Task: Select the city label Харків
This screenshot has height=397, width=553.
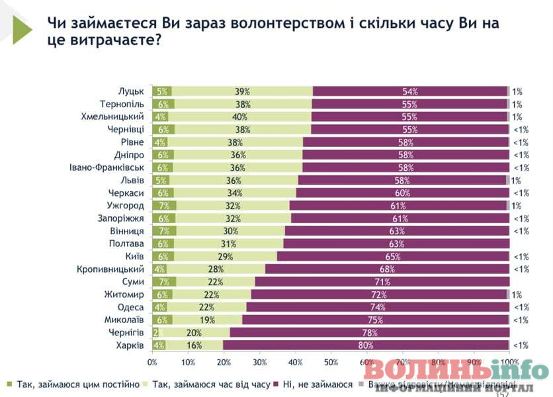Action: pyautogui.click(x=130, y=345)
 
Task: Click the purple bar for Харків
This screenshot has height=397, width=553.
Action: pyautogui.click(x=366, y=345)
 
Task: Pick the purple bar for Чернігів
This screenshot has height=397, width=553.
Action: pyautogui.click(x=369, y=332)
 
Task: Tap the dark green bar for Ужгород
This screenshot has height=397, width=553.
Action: pyautogui.click(x=164, y=206)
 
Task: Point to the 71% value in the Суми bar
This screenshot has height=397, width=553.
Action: pyautogui.click(x=382, y=282)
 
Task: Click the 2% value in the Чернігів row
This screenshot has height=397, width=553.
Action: pyautogui.click(x=156, y=332)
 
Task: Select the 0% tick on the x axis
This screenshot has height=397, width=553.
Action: pyautogui.click(x=152, y=363)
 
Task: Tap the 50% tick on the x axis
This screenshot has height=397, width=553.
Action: pyautogui.click(x=331, y=363)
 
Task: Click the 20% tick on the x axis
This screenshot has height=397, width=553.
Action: pyautogui.click(x=224, y=363)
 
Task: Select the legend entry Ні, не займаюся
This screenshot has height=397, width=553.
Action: pyautogui.click(x=317, y=383)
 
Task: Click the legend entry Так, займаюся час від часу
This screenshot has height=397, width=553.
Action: pyautogui.click(x=211, y=383)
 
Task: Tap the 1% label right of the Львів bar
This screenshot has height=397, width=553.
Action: pyautogui.click(x=516, y=180)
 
